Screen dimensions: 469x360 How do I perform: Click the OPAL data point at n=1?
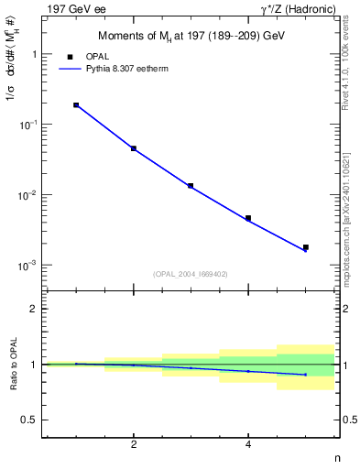(x=76, y=105)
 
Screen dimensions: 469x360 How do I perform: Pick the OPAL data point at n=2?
(x=134, y=148)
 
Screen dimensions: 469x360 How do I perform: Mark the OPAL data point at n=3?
(x=191, y=186)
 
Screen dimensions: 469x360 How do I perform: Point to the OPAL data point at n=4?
(x=248, y=218)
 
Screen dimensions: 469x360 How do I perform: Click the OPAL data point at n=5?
(x=306, y=247)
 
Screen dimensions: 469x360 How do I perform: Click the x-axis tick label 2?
(x=134, y=444)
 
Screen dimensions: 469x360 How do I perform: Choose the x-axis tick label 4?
(x=248, y=444)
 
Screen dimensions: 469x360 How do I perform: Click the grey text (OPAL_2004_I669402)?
(x=191, y=274)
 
